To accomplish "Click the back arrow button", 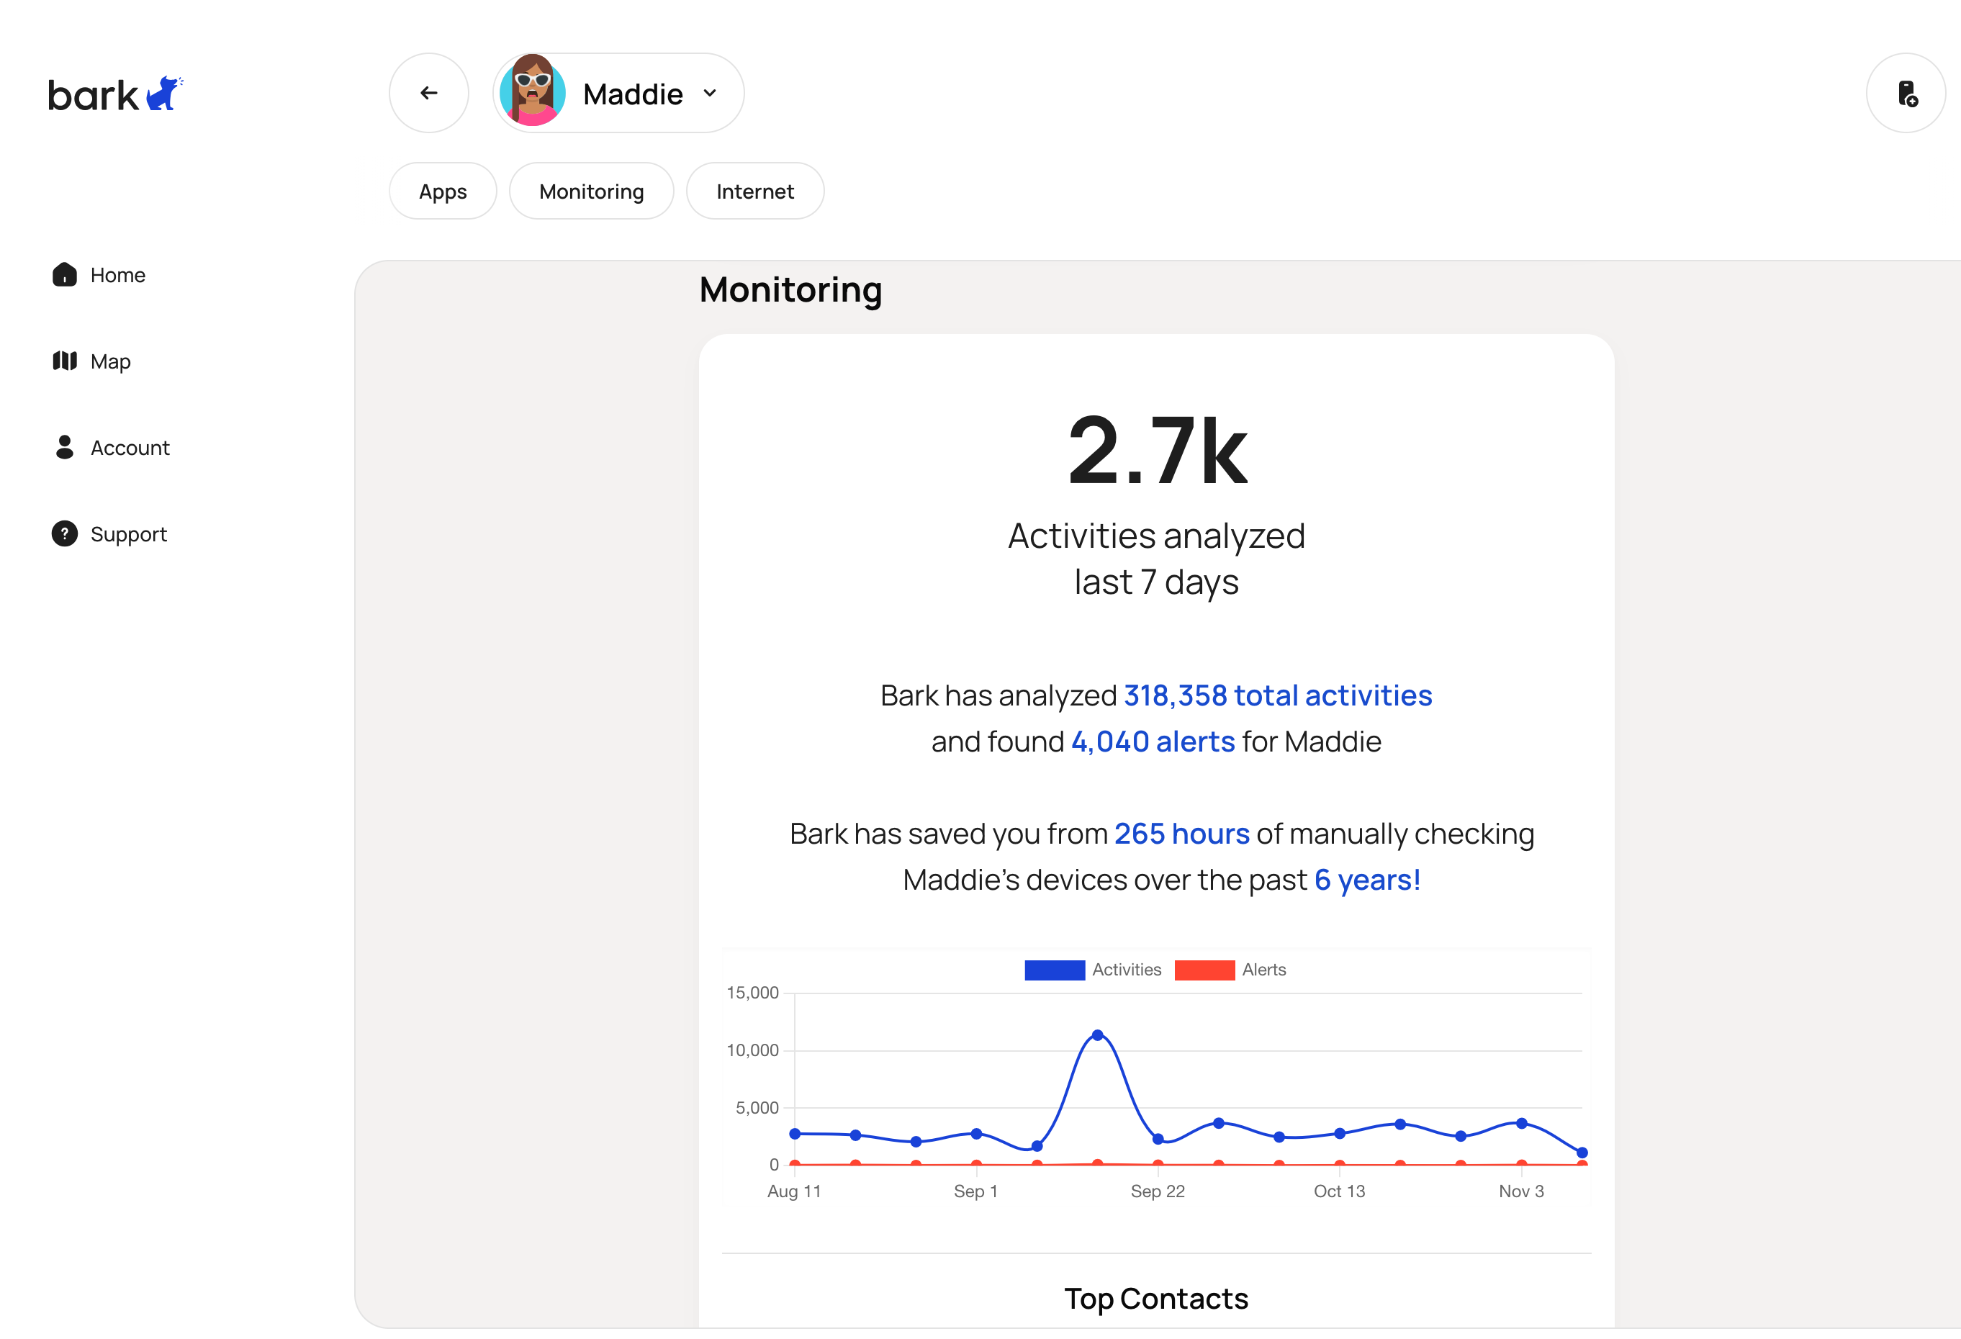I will (428, 93).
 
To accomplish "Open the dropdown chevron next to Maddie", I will (710, 93).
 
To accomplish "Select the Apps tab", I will (443, 191).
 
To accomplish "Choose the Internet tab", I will (754, 191).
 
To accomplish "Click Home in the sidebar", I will (117, 275).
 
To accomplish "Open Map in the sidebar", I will (109, 361).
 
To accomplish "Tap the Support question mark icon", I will (65, 534).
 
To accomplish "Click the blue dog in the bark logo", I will (163, 94).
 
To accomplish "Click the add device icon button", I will (1906, 93).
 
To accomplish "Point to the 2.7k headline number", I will (1157, 451).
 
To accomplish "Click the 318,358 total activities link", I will (1278, 695).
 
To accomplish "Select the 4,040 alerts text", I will (1153, 741).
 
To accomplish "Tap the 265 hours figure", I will (1181, 834).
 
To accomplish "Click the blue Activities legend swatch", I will (1054, 970).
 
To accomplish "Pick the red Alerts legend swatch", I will (1204, 970).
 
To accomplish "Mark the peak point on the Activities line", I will (1097, 1035).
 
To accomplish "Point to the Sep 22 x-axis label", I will (1158, 1191).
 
